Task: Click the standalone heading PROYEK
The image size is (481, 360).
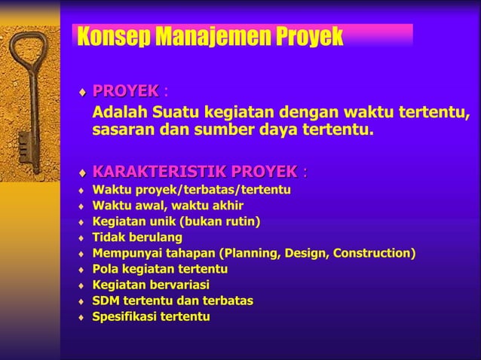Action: pos(125,92)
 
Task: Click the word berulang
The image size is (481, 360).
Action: pos(155,237)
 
